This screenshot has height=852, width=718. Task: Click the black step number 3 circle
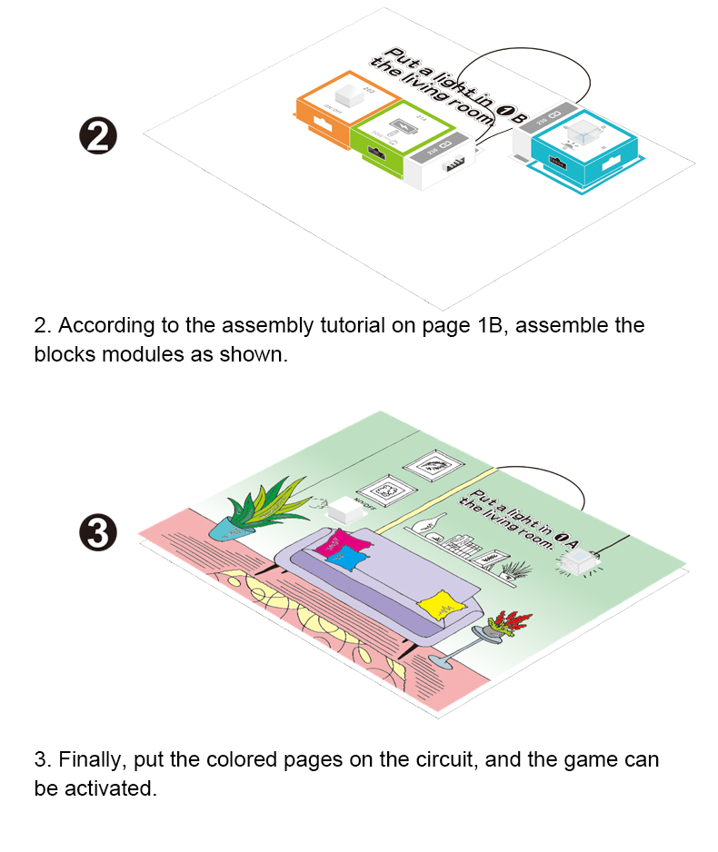pos(99,533)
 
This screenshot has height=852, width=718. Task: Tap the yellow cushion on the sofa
pos(439,604)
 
